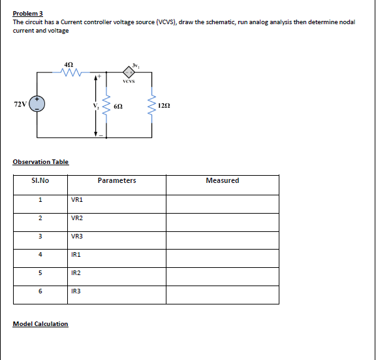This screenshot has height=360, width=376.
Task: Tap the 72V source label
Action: (20, 104)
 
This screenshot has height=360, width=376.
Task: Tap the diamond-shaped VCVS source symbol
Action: (129, 73)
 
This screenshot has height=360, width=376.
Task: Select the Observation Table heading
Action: (40, 162)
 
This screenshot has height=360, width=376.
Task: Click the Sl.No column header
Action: (40, 180)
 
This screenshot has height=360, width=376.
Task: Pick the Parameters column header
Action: (117, 180)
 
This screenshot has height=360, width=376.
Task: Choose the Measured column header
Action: (222, 180)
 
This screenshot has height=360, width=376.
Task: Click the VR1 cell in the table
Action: (77, 200)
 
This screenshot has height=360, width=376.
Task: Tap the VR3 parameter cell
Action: (77, 237)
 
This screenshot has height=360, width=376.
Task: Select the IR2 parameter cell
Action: (76, 273)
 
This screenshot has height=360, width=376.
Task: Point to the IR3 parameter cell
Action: (76, 291)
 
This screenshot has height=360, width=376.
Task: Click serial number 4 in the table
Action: (40, 255)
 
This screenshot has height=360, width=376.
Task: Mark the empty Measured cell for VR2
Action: (222, 218)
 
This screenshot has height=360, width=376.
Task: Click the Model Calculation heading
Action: (40, 324)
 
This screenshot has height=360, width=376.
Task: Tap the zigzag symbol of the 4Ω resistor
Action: (70, 73)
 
